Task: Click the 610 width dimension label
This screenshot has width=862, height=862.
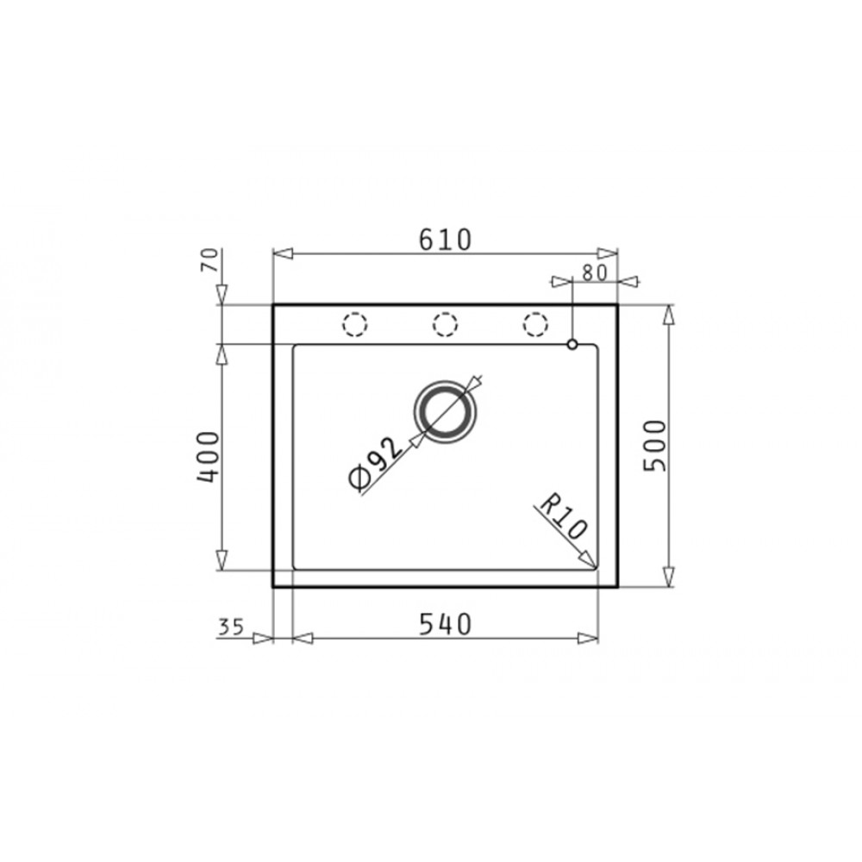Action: (446, 239)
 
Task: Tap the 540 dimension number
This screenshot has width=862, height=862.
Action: (446, 624)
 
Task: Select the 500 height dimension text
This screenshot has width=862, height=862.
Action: (655, 446)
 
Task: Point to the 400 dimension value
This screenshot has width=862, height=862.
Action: (208, 458)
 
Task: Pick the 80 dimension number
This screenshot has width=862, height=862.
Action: (594, 273)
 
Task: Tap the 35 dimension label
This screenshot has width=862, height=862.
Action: (231, 627)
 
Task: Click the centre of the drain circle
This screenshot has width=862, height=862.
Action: (446, 412)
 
